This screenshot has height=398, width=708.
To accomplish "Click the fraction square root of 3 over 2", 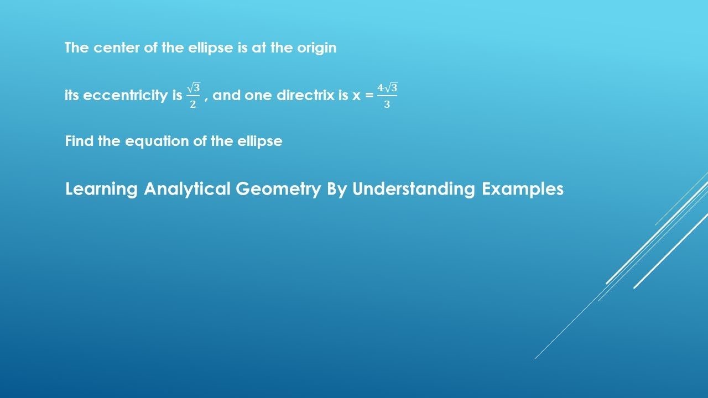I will pos(193,96).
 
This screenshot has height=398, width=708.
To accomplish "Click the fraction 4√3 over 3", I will pos(387,96).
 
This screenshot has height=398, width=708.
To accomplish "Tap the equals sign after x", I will pos(369,96).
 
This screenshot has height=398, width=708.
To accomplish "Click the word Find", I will pos(80,141).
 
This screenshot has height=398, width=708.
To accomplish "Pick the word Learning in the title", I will pos(101,189).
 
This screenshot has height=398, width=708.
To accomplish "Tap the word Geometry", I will pos(278,189).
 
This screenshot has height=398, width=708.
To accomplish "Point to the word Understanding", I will pos(414,189).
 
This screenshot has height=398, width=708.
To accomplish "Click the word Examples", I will pos(523,189).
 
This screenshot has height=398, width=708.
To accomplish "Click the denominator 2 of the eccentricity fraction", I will pos(193,104).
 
